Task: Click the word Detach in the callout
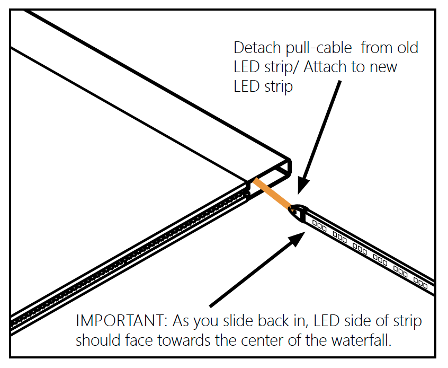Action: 257,48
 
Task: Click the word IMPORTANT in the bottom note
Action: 121,321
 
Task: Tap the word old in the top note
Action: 406,48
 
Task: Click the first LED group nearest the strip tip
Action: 319,224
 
